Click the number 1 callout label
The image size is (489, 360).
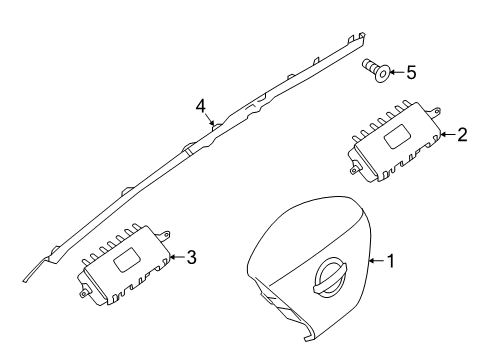point(392,262)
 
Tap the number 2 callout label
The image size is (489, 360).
point(461,133)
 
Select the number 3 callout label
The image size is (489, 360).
point(191,257)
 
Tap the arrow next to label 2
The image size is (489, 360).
point(446,133)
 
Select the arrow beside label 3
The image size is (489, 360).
point(176,257)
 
